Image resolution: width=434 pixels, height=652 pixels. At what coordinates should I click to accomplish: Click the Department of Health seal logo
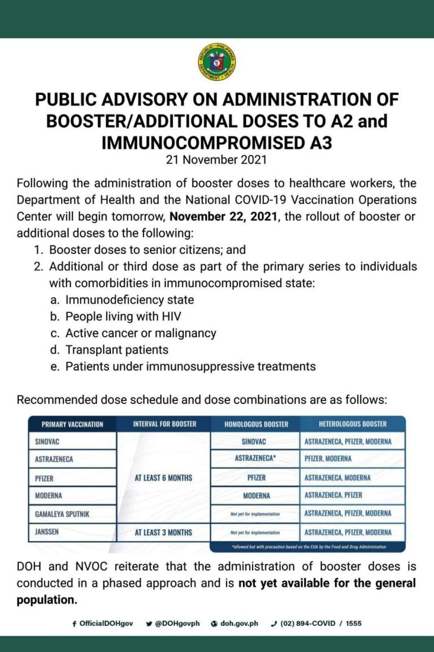point(217,62)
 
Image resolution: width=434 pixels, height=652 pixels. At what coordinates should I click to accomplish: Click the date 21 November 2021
point(216,159)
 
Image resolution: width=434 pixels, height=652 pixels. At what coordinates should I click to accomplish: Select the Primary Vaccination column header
point(72,424)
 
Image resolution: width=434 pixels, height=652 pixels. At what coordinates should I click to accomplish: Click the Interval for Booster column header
point(163,424)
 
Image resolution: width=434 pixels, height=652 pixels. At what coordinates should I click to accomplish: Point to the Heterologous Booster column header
point(353,424)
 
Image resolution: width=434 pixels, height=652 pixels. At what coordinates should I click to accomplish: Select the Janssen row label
point(47,532)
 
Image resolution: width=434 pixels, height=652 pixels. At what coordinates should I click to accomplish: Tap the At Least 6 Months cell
point(163,477)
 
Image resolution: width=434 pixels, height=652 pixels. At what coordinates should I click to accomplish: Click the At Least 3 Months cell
point(163,532)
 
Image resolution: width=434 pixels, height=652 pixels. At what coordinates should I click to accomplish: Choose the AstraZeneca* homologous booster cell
point(255,459)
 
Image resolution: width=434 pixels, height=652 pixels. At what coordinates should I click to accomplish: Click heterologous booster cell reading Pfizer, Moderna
point(328,459)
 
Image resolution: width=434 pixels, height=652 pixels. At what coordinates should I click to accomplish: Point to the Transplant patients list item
point(116,350)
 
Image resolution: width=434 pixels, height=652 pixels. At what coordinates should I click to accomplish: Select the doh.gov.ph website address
point(237,624)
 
